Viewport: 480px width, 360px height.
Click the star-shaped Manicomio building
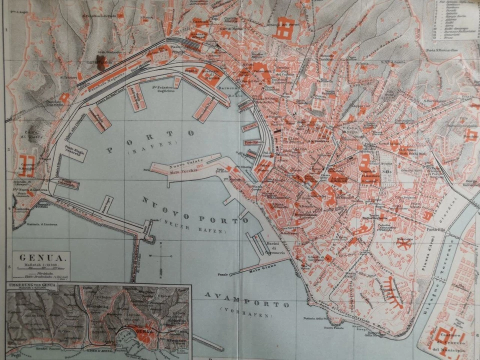coord(403,243)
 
